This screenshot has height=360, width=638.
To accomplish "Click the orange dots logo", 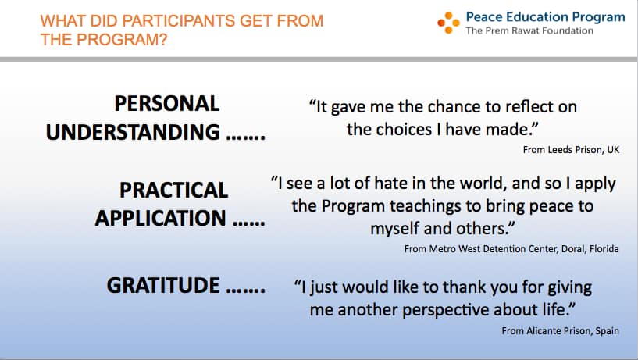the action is [x=448, y=23].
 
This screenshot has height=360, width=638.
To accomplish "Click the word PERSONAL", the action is [x=167, y=103].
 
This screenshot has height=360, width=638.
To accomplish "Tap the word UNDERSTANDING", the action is [x=133, y=132].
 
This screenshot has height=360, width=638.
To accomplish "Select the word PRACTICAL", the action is [x=173, y=190].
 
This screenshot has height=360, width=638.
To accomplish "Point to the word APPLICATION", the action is [x=160, y=218].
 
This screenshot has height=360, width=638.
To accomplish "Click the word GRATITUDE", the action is [x=163, y=285].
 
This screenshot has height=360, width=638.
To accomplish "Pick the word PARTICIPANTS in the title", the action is [x=176, y=21].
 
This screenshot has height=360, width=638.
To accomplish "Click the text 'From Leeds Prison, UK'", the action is [x=571, y=150].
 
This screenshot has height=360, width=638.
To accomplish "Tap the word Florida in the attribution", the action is [x=604, y=248].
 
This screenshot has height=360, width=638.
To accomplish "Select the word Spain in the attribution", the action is [x=607, y=330].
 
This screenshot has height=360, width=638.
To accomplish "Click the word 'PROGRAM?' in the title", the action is [x=122, y=40].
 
